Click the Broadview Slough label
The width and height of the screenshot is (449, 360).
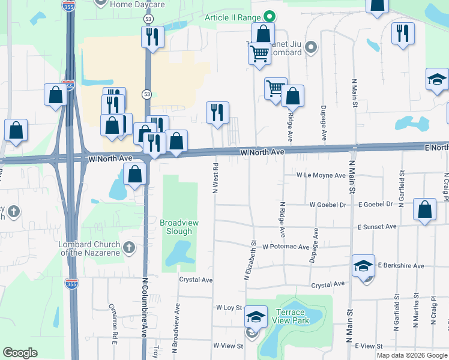click(179, 227)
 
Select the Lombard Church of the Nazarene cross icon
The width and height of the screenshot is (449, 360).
click(129, 247)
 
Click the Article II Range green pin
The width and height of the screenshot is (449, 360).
click(270, 17)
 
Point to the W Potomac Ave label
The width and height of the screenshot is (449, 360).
click(285, 247)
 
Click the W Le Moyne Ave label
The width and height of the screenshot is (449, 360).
click(321, 175)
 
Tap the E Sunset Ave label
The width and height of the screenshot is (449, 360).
click(377, 227)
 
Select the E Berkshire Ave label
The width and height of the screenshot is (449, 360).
click(401, 265)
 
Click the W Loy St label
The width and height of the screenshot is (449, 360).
click(229, 307)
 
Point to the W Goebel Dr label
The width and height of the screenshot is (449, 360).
click(328, 205)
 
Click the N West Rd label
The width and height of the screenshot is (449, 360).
click(215, 177)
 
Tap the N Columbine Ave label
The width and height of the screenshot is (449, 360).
click(145, 307)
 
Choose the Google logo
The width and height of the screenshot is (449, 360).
click(20, 353)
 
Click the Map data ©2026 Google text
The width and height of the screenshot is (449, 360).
click(412, 355)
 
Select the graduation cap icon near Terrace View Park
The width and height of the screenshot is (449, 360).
click(256, 317)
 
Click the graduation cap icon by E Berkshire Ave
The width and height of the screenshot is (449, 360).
click(363, 265)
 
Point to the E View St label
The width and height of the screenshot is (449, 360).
click(369, 346)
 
